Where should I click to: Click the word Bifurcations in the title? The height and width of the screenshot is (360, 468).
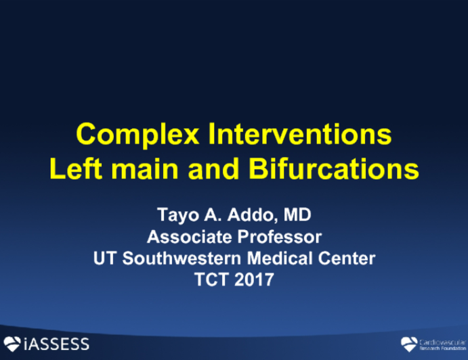click(337, 168)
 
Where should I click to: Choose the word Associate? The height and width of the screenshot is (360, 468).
click(187, 238)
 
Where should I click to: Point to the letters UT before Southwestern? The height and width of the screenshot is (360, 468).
click(104, 258)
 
